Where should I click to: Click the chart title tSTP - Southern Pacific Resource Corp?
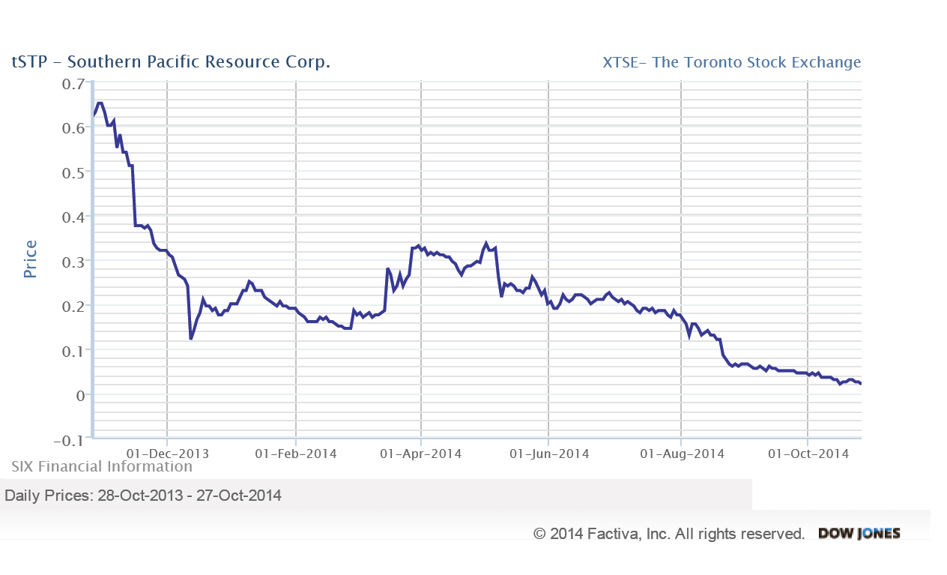pyautogui.click(x=171, y=61)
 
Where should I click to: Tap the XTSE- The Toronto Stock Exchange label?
pyautogui.click(x=731, y=62)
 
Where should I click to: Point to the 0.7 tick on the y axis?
pyautogui.click(x=73, y=83)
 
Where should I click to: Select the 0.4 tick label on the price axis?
pyautogui.click(x=73, y=217)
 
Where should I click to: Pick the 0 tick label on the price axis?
pyautogui.click(x=79, y=394)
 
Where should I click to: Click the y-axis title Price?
pyautogui.click(x=30, y=259)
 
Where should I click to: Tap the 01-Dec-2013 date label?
pyautogui.click(x=168, y=454)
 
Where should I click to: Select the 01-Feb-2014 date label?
pyautogui.click(x=296, y=454)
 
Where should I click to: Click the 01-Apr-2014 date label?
pyautogui.click(x=421, y=454)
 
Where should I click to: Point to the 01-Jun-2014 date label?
pyautogui.click(x=549, y=454)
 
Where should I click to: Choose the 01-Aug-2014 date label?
pyautogui.click(x=681, y=454)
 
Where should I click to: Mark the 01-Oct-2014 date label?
pyautogui.click(x=808, y=454)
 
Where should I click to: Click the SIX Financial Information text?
pyautogui.click(x=102, y=466)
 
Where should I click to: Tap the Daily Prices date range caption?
pyautogui.click(x=143, y=496)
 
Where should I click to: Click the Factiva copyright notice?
pyautogui.click(x=669, y=534)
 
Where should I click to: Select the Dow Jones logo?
pyautogui.click(x=859, y=534)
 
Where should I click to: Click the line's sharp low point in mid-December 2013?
pyautogui.click(x=191, y=339)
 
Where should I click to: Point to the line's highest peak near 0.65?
pyautogui.click(x=100, y=103)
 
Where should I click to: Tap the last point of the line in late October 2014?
pyautogui.click(x=861, y=384)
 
